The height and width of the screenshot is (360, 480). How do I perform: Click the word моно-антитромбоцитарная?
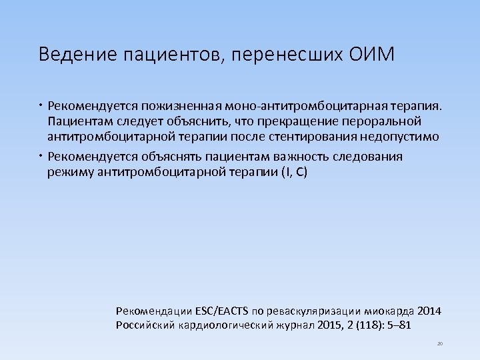(309, 105)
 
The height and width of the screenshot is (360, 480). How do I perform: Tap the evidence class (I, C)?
(293, 173)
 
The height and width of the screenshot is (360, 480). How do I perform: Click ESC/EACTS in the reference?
(222, 311)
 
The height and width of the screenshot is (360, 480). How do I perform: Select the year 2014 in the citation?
(428, 311)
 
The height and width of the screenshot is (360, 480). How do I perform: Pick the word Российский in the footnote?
(145, 325)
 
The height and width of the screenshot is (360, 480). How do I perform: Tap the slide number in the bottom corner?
(440, 344)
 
